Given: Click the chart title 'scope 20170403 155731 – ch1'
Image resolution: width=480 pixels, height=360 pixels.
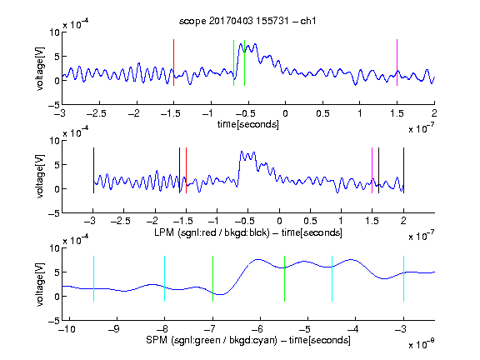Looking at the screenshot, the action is [x=247, y=21].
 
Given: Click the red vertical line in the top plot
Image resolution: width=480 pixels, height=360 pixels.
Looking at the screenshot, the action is [x=173, y=62].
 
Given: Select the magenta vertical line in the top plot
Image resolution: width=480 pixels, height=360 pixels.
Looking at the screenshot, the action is [x=397, y=62].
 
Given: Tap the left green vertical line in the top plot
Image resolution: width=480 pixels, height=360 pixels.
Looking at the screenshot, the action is [x=233, y=62].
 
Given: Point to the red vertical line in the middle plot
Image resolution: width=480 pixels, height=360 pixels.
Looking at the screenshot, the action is [x=186, y=171].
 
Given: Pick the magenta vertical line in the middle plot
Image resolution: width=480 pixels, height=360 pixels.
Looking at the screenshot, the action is [x=372, y=171].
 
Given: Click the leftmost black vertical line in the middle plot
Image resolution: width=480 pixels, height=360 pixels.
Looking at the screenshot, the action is [x=93, y=171].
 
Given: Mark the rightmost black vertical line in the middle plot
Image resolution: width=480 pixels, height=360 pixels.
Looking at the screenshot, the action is [x=403, y=171].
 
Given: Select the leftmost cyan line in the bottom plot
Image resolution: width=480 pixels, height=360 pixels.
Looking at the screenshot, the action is [x=93, y=278].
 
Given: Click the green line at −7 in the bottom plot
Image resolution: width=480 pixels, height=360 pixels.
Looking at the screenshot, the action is [x=212, y=278].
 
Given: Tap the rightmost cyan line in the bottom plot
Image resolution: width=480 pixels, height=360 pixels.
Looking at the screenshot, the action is [x=403, y=278].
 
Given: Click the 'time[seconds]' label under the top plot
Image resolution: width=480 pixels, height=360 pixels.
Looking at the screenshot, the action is [x=248, y=124].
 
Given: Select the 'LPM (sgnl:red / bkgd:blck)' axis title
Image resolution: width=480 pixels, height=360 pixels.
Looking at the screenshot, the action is [x=212, y=232].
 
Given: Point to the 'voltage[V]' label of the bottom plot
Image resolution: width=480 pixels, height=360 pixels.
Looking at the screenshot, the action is [x=40, y=284].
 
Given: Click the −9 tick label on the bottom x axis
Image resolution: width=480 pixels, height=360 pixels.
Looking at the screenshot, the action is [x=114, y=329].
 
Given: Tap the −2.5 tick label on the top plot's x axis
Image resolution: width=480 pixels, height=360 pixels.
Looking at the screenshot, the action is [x=97, y=113].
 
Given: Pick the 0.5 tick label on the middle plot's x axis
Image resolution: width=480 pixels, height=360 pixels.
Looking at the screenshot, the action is [x=310, y=221].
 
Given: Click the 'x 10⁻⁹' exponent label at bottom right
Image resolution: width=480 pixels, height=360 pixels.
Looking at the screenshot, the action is [x=421, y=344].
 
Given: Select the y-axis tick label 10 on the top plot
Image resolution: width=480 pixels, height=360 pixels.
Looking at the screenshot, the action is [x=54, y=32].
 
